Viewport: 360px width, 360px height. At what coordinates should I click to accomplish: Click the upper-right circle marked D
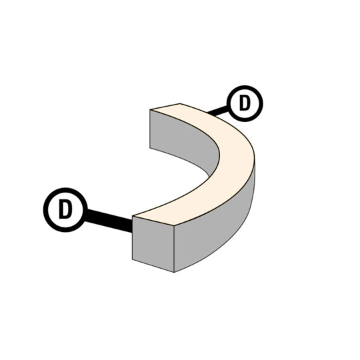[x=245, y=103]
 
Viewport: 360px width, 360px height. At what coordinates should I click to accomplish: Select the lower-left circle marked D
[x=65, y=210]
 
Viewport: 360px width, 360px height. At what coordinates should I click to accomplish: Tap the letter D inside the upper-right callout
[x=244, y=103]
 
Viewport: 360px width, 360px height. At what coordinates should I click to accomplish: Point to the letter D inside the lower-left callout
[x=65, y=209]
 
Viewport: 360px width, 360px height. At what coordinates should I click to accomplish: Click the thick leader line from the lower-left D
[x=109, y=221]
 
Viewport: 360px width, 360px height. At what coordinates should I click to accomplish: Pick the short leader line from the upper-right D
[x=218, y=111]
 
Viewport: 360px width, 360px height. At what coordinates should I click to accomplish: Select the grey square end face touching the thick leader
[x=153, y=244]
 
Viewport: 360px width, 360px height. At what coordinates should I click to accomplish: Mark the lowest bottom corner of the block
[x=174, y=272]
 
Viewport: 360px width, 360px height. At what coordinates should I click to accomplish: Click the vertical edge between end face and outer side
[x=174, y=249]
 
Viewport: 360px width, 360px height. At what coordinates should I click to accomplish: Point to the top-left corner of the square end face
[x=133, y=216]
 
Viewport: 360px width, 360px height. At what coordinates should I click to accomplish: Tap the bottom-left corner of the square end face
[x=133, y=259]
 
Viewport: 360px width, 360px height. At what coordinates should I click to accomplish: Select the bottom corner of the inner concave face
[x=209, y=177]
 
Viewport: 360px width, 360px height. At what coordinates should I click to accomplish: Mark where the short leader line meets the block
[x=208, y=113]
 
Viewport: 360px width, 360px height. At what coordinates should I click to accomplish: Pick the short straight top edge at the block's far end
[x=165, y=107]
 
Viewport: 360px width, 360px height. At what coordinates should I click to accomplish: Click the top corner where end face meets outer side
[x=174, y=226]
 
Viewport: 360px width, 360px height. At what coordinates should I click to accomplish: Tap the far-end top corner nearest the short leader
[x=180, y=103]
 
